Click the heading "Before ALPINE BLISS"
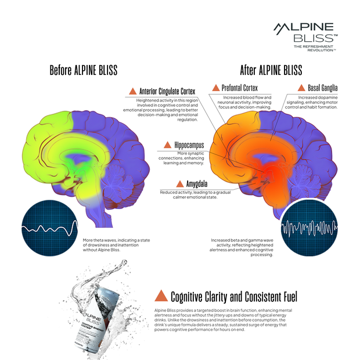(x=83, y=71)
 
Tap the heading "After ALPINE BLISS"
(x=271, y=71)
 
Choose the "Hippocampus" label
(x=183, y=145)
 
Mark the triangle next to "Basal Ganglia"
(x=301, y=88)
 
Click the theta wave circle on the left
(x=49, y=225)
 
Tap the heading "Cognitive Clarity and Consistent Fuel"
(x=233, y=297)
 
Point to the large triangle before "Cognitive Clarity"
(x=161, y=296)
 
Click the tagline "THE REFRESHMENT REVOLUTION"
(x=314, y=48)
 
